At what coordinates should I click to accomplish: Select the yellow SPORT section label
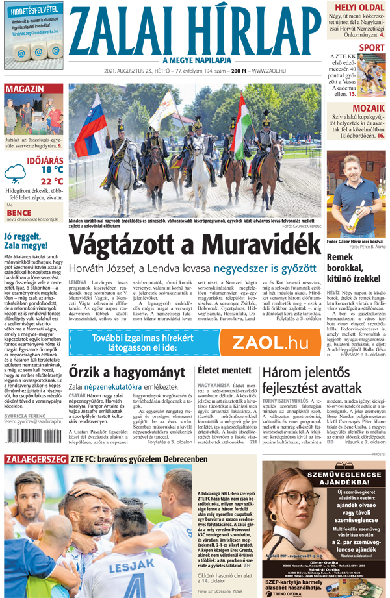(371, 47)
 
